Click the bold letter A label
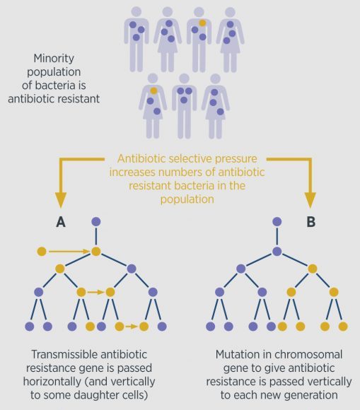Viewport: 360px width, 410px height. click(x=61, y=222)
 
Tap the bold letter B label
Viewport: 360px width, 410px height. click(x=310, y=222)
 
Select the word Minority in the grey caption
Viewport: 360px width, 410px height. click(x=54, y=59)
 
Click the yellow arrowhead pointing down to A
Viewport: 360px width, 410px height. click(x=61, y=200)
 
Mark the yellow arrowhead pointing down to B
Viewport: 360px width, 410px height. click(x=310, y=200)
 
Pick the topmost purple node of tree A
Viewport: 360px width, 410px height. click(x=96, y=222)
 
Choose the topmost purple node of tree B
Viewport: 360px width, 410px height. click(x=277, y=222)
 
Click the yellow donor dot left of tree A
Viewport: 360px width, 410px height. click(x=42, y=252)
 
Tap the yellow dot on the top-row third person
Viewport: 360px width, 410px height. click(x=202, y=23)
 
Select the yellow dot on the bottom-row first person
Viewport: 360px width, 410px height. click(x=154, y=90)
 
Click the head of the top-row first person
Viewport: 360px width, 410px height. click(x=136, y=12)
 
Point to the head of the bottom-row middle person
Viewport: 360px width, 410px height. click(x=184, y=78)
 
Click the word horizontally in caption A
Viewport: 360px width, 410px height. click(x=52, y=382)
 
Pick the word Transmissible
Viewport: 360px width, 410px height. click(x=64, y=355)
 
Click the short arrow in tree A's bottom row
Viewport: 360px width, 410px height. click(x=132, y=327)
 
